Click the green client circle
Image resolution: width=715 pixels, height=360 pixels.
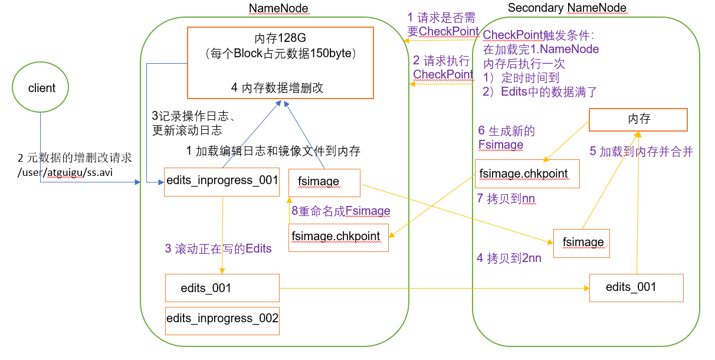(x=41, y=89)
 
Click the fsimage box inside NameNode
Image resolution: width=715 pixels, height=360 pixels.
(x=324, y=182)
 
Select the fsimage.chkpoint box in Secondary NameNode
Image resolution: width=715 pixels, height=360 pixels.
(x=527, y=174)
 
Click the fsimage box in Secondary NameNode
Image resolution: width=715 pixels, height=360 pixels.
(x=581, y=243)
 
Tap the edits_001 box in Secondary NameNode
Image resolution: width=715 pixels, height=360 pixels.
(x=636, y=288)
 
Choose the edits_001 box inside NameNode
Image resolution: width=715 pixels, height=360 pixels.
(x=222, y=289)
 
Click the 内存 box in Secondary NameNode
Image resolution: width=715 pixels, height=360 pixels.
(x=638, y=120)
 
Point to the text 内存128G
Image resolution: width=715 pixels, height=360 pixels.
(x=280, y=38)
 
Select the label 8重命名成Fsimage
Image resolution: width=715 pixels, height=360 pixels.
(x=341, y=211)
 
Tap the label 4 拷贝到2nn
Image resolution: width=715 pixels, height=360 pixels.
(x=509, y=258)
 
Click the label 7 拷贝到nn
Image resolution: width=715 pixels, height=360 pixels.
(x=506, y=199)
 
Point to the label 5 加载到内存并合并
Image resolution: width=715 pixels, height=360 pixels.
(x=641, y=152)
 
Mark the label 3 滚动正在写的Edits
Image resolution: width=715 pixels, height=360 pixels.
(x=218, y=249)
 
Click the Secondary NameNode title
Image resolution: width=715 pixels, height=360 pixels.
(x=567, y=8)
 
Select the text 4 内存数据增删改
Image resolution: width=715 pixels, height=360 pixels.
(x=277, y=87)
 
